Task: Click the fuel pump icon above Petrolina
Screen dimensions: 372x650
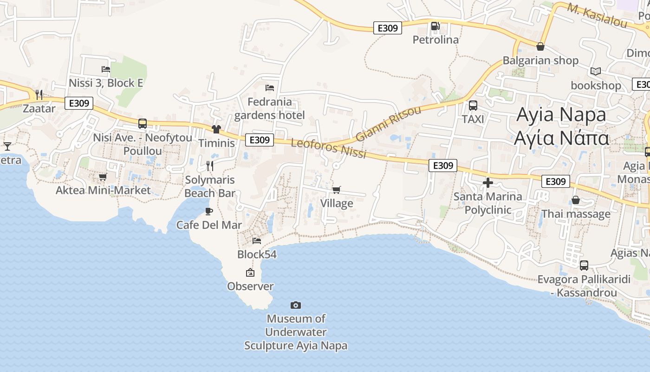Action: pyautogui.click(x=435, y=26)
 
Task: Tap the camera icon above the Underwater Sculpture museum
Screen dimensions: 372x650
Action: pyautogui.click(x=296, y=305)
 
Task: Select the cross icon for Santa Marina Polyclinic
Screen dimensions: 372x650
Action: pyautogui.click(x=487, y=183)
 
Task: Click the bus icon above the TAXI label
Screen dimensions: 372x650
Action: pyautogui.click(x=473, y=106)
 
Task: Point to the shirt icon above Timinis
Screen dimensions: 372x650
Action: pyautogui.click(x=216, y=129)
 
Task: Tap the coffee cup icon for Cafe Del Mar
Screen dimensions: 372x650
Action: pyautogui.click(x=209, y=211)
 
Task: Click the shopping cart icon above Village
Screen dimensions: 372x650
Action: pyautogui.click(x=337, y=190)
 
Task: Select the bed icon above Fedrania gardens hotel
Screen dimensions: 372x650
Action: pyautogui.click(x=270, y=87)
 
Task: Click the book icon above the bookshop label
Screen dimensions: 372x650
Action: pyautogui.click(x=596, y=72)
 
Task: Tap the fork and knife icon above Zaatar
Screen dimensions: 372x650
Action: pyautogui.click(x=39, y=95)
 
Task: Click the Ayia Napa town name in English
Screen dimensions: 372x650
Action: pyautogui.click(x=561, y=114)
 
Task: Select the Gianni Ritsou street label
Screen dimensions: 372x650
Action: pyautogui.click(x=388, y=123)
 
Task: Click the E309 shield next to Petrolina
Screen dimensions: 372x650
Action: pyautogui.click(x=388, y=28)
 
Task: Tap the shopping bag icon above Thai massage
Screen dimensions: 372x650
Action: pyautogui.click(x=576, y=200)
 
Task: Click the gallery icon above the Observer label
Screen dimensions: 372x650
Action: pyautogui.click(x=250, y=272)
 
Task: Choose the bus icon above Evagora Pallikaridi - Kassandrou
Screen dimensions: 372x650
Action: pyautogui.click(x=584, y=266)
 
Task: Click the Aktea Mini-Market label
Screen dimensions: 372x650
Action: pyautogui.click(x=103, y=190)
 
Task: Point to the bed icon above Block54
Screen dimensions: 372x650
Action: pyautogui.click(x=257, y=240)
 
